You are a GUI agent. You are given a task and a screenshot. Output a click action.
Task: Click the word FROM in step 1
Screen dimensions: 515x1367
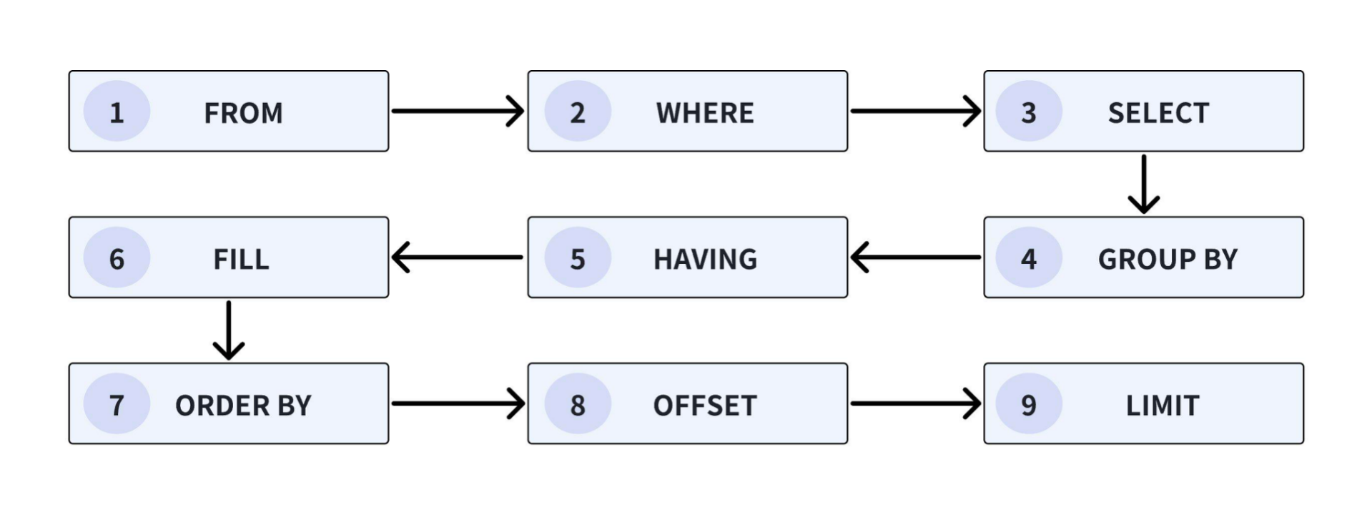point(243,113)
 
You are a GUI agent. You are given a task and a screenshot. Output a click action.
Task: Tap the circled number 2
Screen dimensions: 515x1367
point(577,112)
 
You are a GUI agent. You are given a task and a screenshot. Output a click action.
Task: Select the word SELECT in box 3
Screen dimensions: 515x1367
point(1158,113)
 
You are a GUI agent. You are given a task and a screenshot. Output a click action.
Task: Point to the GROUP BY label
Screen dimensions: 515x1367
point(1167,259)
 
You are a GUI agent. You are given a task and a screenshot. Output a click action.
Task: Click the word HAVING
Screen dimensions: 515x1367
point(705,259)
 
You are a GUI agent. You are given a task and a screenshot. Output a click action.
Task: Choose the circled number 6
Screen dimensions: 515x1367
point(117,258)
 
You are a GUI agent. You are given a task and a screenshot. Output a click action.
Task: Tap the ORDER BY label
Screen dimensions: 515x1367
point(243,406)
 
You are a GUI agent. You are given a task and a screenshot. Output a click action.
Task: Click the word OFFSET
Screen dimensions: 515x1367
point(704,406)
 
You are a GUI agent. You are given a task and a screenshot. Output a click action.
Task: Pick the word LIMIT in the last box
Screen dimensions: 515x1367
point(1162,406)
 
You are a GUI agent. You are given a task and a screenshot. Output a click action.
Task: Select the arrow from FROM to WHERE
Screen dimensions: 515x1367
point(458,111)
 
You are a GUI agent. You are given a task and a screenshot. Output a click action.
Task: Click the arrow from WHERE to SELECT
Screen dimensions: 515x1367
point(915,111)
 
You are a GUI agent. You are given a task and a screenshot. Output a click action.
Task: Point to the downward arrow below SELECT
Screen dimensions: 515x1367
point(1143,184)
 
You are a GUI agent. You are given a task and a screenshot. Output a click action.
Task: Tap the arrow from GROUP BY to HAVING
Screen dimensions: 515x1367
point(915,257)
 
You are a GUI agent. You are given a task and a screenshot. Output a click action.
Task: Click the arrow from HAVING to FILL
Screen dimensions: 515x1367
point(458,257)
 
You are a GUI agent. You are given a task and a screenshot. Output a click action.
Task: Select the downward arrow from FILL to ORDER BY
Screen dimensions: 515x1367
point(229,330)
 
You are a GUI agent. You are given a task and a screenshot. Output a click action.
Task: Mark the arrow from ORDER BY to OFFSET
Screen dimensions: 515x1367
point(458,403)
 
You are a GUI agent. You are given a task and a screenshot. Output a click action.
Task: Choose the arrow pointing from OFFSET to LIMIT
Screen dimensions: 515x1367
point(915,403)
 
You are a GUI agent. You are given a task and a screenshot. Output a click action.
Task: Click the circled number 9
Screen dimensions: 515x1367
point(1028,405)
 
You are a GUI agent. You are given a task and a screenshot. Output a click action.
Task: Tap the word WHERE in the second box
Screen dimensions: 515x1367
point(705,113)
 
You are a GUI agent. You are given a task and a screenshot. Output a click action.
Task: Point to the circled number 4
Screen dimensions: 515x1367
point(1028,258)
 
